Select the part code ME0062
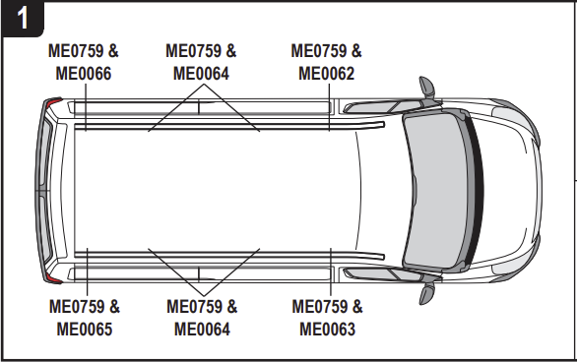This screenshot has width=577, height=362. (x=327, y=73)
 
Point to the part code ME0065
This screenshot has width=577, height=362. (x=84, y=329)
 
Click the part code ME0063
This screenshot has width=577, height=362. (x=328, y=329)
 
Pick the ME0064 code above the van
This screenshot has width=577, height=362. (x=201, y=73)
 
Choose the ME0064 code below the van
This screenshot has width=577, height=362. (x=202, y=329)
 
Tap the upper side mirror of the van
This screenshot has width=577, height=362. (x=427, y=87)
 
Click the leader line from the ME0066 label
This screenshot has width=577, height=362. (x=84, y=106)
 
